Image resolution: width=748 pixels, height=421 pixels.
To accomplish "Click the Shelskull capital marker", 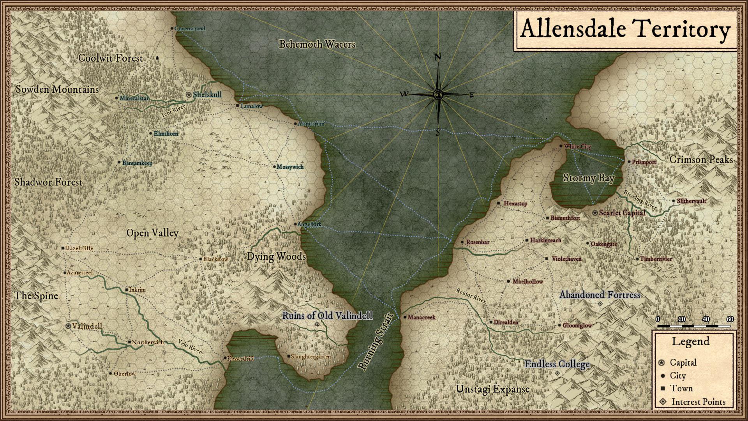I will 189,95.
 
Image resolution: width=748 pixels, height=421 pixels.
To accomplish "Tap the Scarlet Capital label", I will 622,213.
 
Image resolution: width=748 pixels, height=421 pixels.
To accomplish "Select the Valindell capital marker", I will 69,326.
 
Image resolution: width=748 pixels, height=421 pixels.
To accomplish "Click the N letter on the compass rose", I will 438,57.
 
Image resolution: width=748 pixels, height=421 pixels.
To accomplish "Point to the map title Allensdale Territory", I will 625,30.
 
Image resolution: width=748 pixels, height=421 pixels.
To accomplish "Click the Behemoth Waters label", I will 317,44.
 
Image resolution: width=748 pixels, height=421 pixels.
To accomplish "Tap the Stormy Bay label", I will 589,178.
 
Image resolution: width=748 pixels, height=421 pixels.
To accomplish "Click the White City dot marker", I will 561,146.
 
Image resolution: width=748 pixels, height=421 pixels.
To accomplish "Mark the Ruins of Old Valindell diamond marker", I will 317,324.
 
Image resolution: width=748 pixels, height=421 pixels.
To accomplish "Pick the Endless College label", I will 557,364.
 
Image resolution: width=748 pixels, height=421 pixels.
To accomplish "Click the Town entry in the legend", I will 681,388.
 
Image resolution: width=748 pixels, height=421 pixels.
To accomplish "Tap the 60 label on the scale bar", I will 730,319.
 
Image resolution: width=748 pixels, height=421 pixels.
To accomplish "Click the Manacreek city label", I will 421,317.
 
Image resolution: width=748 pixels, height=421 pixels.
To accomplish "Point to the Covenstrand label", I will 190,28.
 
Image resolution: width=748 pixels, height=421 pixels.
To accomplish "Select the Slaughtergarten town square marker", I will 288,356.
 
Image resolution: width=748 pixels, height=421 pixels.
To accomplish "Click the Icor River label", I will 173,111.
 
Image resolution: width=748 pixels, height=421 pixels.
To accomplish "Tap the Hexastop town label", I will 515,203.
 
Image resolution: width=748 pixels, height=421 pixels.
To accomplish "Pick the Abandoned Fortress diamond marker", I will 600,304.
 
